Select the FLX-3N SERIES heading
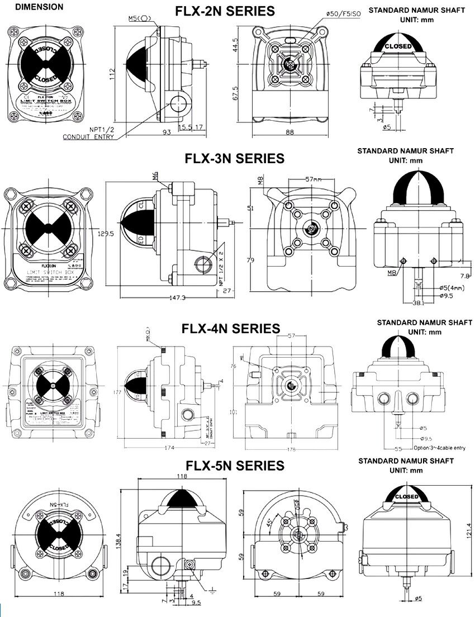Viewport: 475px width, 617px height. click(235, 158)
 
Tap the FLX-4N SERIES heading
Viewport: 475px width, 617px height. click(231, 328)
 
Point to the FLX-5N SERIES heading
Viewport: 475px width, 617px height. click(235, 465)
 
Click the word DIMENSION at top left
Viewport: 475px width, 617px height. click(39, 8)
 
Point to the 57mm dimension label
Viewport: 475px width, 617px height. click(313, 181)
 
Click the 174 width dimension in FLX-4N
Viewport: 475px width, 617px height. click(169, 448)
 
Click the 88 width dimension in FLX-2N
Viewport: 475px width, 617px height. click(289, 132)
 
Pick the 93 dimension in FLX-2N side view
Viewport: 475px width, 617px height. click(166, 132)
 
